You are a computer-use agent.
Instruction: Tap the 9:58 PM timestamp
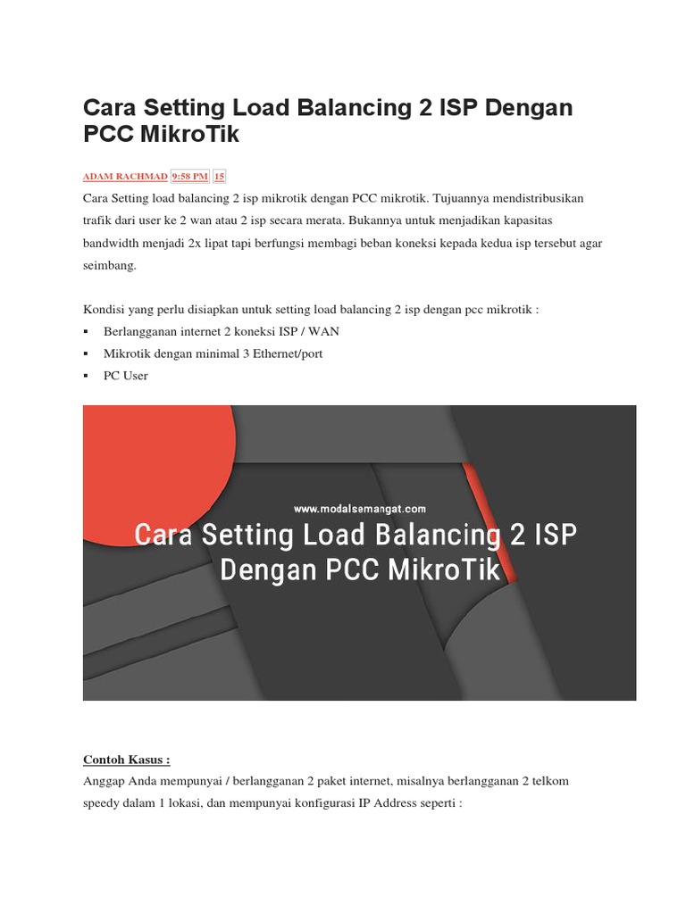click(x=189, y=177)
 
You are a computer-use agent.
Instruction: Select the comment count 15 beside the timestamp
click(x=220, y=177)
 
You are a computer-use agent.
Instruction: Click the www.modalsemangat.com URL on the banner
click(x=360, y=509)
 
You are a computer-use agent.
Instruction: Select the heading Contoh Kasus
click(x=126, y=760)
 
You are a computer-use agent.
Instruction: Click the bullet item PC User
click(x=126, y=376)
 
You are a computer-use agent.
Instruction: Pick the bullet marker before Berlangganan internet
click(x=86, y=332)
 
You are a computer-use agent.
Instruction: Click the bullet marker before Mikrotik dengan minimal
click(x=86, y=354)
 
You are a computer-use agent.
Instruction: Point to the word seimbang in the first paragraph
click(x=111, y=266)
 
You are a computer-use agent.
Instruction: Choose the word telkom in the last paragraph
click(x=548, y=781)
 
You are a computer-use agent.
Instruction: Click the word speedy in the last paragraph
click(x=103, y=803)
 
